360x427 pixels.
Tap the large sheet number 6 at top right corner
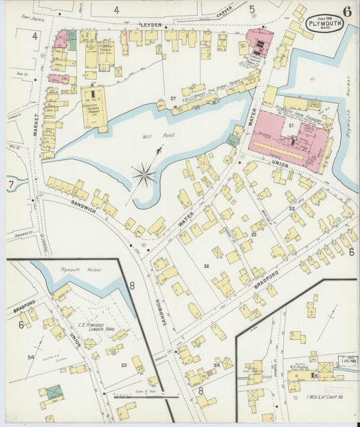(346, 11)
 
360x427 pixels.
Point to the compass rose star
(143, 176)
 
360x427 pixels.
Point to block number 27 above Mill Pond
(173, 99)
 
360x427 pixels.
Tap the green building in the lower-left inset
(51, 393)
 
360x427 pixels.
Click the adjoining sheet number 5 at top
(251, 9)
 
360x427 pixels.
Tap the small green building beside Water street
(233, 141)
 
